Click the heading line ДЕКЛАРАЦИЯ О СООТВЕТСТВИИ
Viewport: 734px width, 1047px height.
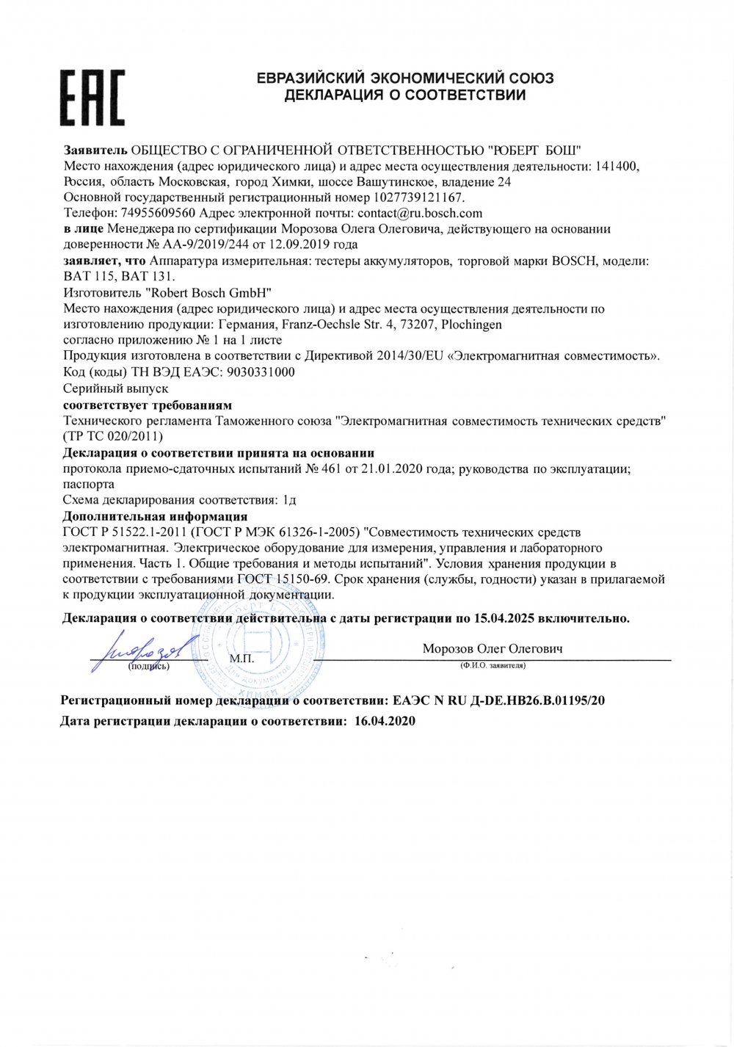pos(405,95)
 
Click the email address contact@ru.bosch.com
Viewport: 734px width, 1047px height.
pos(420,214)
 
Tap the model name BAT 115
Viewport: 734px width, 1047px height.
pos(90,277)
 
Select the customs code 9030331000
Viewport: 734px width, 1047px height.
pos(261,372)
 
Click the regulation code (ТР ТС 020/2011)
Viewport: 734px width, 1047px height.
pos(114,436)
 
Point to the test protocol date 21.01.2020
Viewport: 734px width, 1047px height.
pos(392,470)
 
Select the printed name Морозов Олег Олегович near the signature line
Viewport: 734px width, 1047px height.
pos(493,649)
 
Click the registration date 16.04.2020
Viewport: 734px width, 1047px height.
pos(385,721)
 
